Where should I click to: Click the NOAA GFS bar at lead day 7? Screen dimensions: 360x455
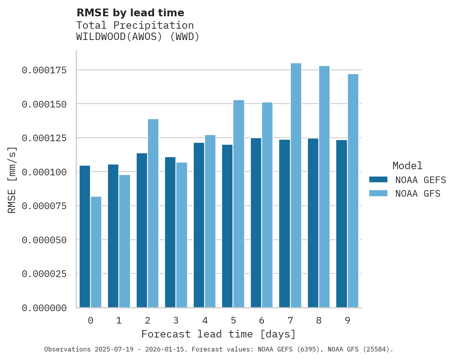(x=296, y=185)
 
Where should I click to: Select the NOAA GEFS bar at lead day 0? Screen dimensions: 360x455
(x=85, y=237)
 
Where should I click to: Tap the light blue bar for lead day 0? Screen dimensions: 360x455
(x=96, y=252)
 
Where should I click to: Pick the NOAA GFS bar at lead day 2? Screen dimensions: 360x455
(x=153, y=213)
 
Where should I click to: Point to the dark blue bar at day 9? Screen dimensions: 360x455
(x=342, y=224)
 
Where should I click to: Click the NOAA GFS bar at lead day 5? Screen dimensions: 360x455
(x=239, y=204)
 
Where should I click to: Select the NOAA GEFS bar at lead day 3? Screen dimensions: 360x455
(x=170, y=232)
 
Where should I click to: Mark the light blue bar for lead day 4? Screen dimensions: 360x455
(x=210, y=221)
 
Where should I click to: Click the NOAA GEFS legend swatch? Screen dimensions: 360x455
(x=378, y=180)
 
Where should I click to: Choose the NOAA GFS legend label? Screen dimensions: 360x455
(x=418, y=194)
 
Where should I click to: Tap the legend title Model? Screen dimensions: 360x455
(x=407, y=166)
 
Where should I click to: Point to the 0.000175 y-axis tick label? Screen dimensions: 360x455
(x=44, y=70)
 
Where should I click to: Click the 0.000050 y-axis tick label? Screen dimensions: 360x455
(x=44, y=240)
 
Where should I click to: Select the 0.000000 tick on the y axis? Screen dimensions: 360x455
(x=44, y=308)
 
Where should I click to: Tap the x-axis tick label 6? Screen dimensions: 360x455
(x=262, y=320)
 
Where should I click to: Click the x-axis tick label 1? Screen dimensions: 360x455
(x=119, y=320)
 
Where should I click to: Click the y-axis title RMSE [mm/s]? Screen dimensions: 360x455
(x=12, y=180)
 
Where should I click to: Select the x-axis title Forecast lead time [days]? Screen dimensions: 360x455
(x=219, y=334)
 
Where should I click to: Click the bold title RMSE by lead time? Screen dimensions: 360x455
(x=130, y=13)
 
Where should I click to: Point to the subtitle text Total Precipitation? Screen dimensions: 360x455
(x=135, y=26)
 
